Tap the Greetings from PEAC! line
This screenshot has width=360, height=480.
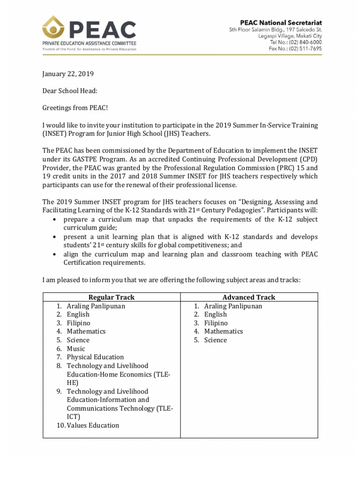tap(75, 108)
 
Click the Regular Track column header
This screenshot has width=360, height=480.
tap(112, 297)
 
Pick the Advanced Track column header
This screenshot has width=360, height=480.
tap(249, 297)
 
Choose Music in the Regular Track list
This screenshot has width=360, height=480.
tap(76, 348)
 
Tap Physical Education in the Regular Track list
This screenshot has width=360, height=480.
tap(95, 357)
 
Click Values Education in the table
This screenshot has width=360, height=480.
tap(93, 425)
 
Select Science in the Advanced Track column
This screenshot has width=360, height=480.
tap(215, 340)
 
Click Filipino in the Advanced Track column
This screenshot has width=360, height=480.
tap(216, 323)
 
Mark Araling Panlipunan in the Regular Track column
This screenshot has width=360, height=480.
tap(96, 306)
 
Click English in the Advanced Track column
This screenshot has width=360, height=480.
tap(215, 315)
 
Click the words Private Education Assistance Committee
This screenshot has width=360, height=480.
tap(89, 43)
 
